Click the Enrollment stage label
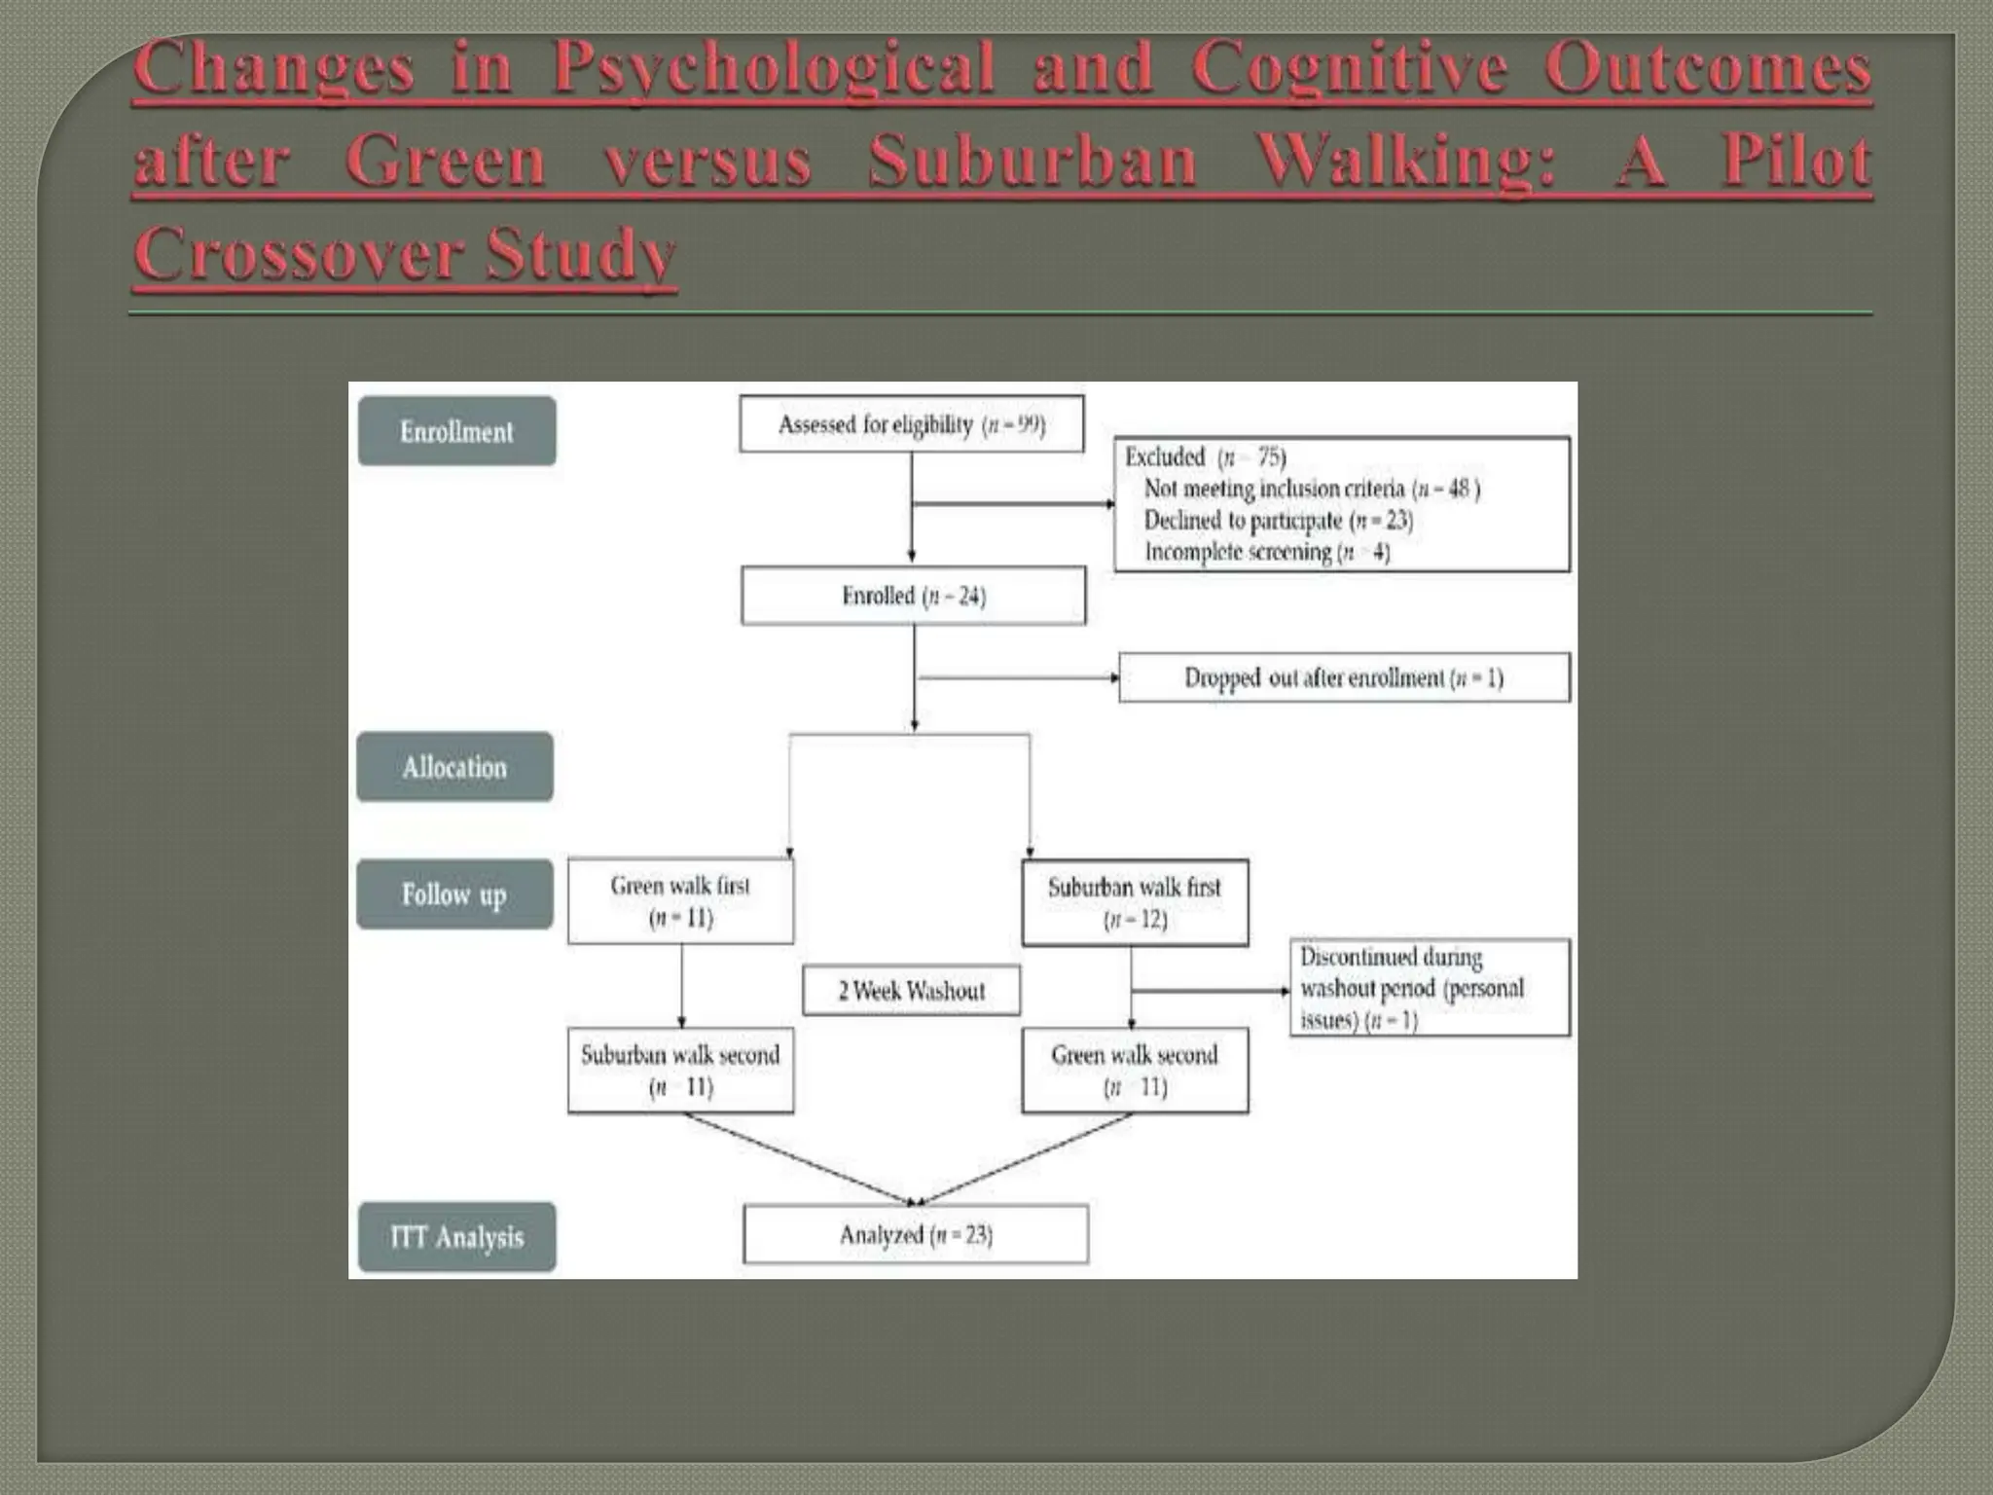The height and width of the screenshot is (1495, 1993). tap(456, 431)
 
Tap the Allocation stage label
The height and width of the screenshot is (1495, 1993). tap(454, 767)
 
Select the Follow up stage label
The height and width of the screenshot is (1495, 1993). tap(454, 894)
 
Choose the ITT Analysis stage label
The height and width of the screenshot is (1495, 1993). tap(456, 1237)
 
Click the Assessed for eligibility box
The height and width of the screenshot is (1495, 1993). tap(911, 424)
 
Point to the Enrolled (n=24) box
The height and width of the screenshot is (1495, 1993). tap(913, 596)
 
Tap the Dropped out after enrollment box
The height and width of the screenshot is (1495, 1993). tap(1343, 677)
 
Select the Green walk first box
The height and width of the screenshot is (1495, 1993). tap(680, 901)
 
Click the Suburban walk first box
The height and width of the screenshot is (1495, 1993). tap(1135, 902)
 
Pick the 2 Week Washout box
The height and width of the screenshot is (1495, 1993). tap(911, 991)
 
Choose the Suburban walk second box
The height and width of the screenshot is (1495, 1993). tap(680, 1070)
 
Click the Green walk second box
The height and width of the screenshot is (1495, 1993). tap(1135, 1070)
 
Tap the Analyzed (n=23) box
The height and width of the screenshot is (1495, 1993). tap(916, 1234)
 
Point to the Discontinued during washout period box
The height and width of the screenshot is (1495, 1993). tap(1429, 987)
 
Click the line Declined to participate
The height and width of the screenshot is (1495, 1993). tap(1278, 521)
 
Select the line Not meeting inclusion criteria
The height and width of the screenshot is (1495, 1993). tap(1311, 489)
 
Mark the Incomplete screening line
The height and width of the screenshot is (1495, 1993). tap(1266, 552)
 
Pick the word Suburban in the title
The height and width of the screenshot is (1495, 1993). tap(1032, 161)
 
